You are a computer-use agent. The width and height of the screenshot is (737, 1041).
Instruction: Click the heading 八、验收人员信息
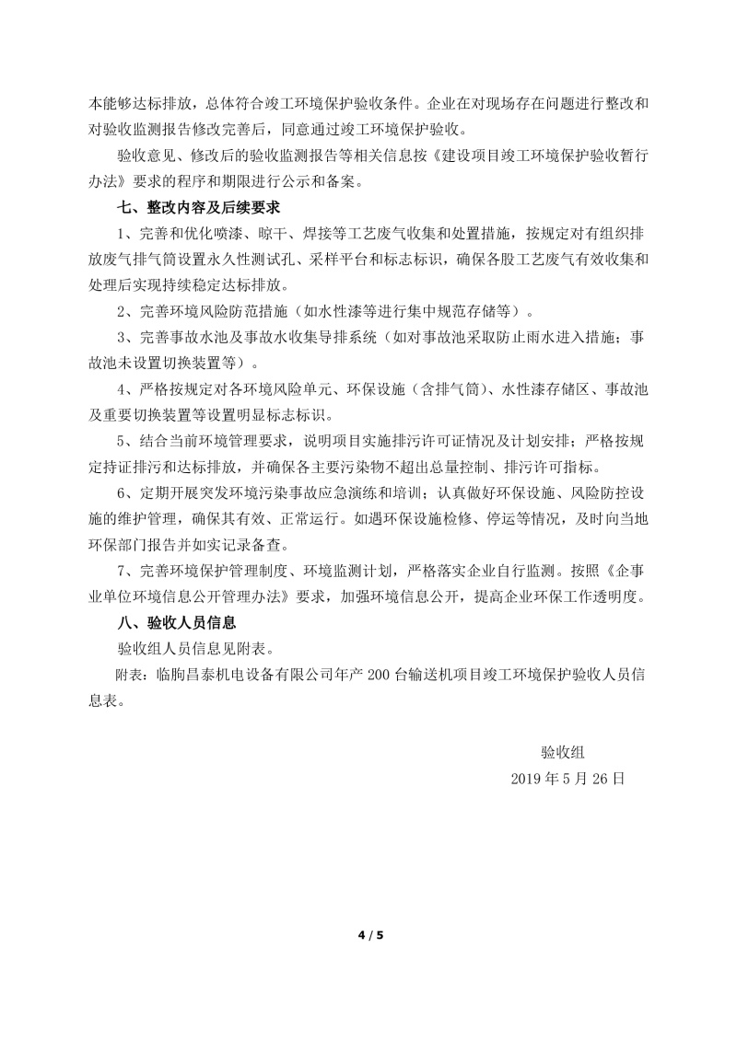coord(171,622)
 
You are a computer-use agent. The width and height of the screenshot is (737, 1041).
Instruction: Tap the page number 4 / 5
coord(369,936)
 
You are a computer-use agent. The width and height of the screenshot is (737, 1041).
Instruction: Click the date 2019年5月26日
coord(568,778)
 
